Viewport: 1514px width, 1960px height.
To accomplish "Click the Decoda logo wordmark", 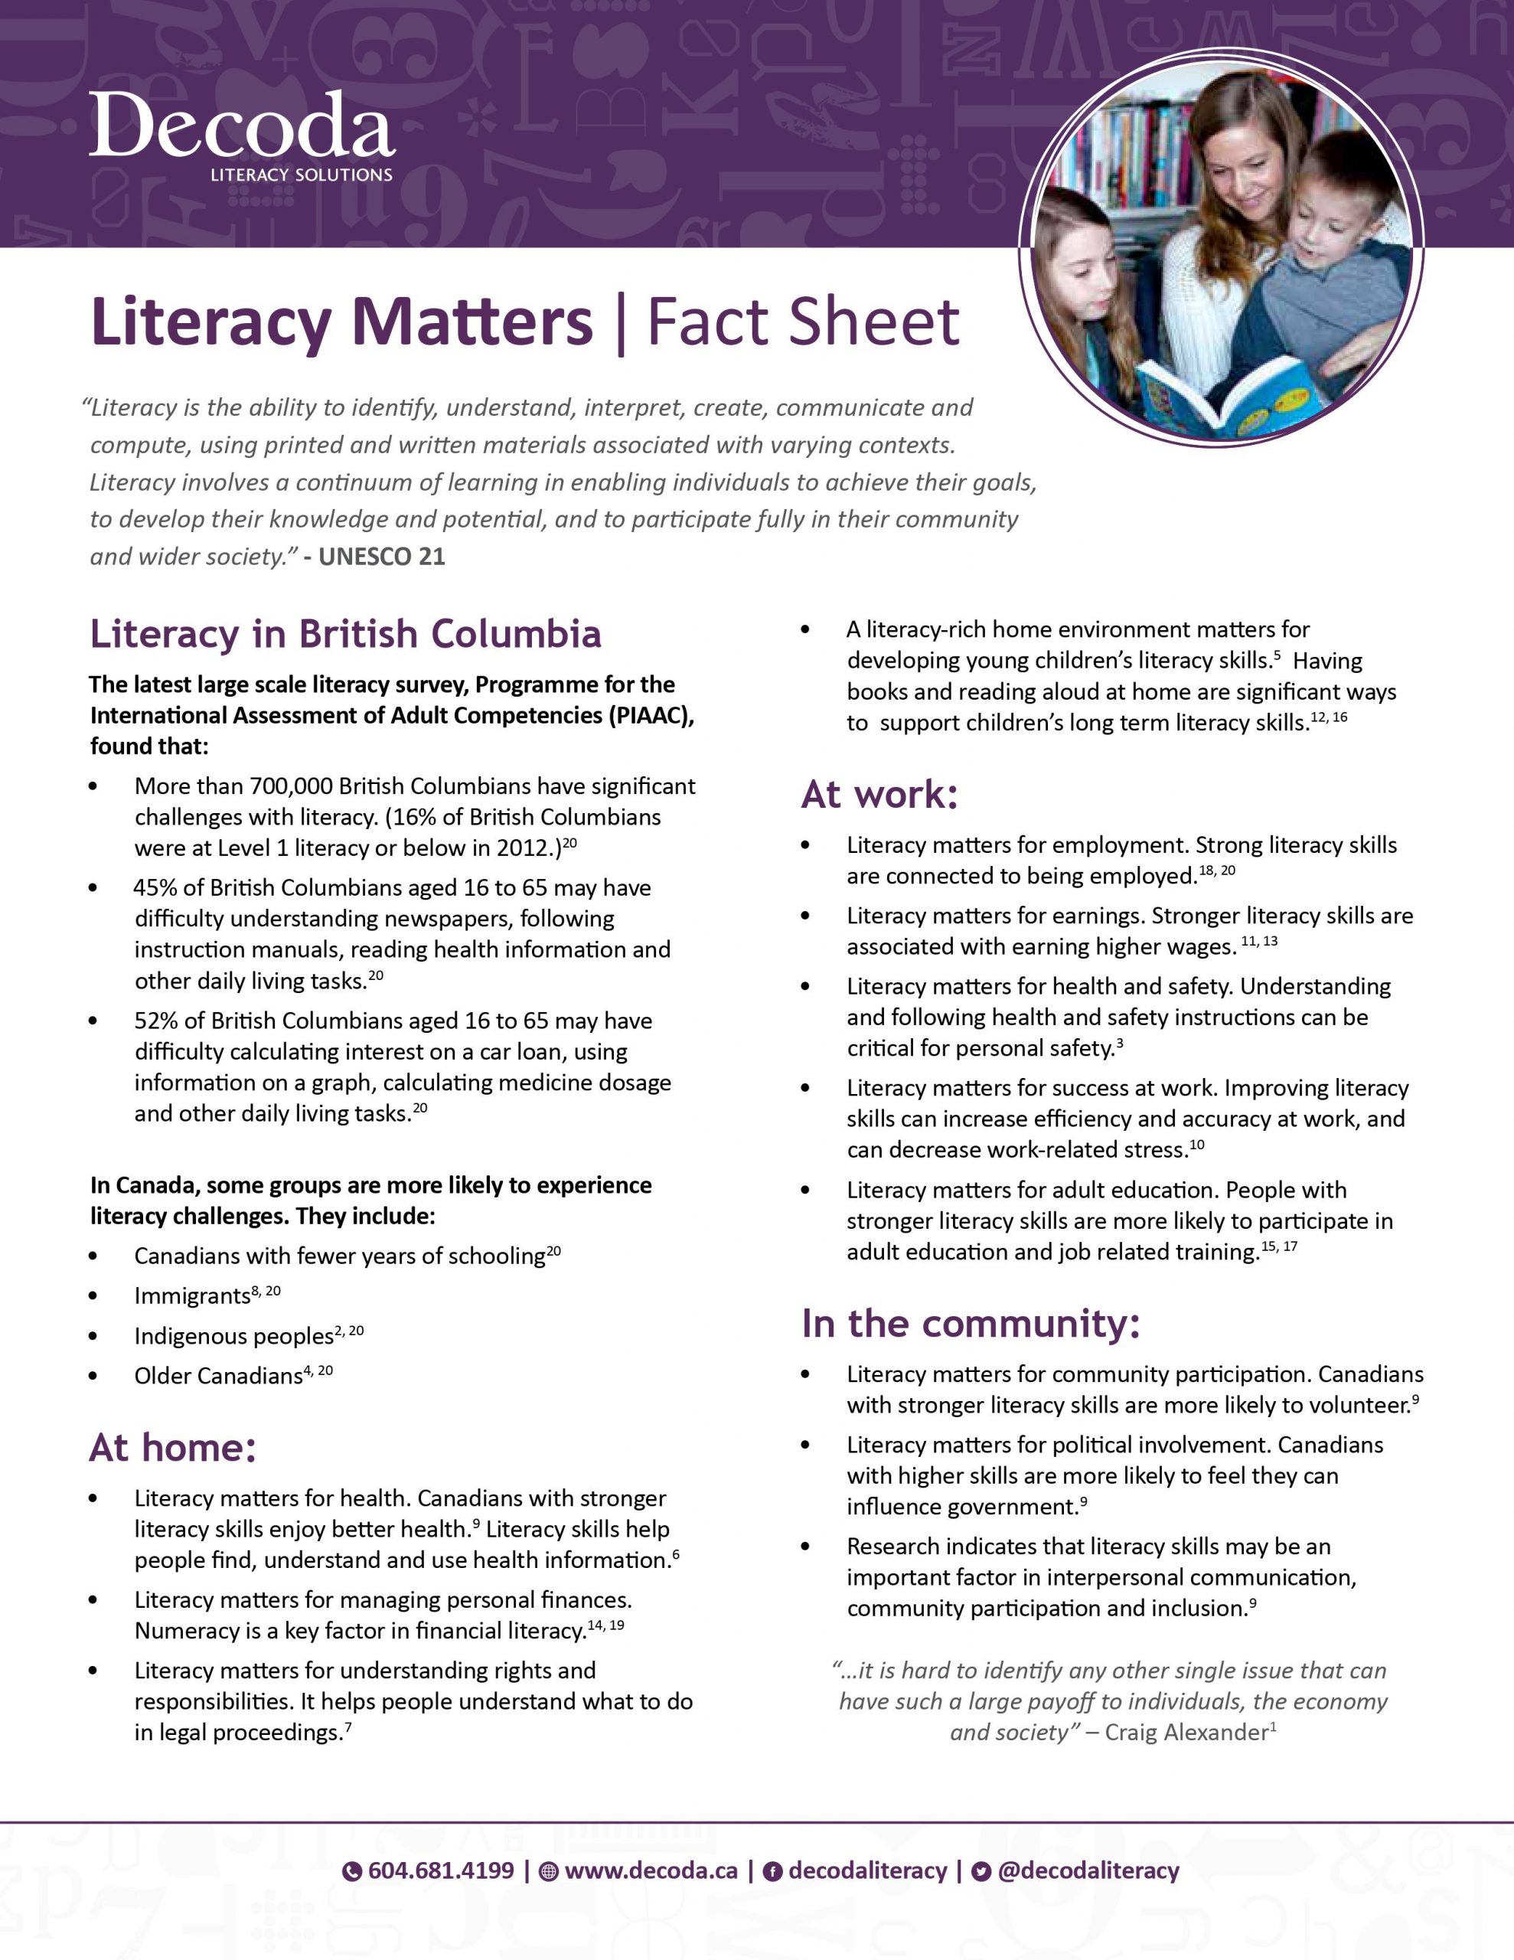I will tap(241, 126).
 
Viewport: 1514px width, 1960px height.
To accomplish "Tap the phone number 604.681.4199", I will tap(441, 1870).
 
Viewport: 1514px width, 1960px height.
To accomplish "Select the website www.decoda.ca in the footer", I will tap(650, 1870).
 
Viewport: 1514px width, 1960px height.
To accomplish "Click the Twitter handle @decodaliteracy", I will tap(1088, 1870).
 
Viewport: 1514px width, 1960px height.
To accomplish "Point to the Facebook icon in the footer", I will tap(771, 1871).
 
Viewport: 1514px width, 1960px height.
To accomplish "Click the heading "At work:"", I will tap(879, 794).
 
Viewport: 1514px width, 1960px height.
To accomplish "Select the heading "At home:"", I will tap(172, 1448).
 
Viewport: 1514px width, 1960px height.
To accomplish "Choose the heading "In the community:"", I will tap(970, 1324).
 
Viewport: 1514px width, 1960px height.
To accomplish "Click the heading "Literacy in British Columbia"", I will tap(345, 634).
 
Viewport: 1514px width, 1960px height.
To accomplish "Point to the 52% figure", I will tap(155, 1021).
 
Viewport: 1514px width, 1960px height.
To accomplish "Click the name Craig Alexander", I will tap(1186, 1732).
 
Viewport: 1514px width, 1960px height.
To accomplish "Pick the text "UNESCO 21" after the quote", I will tap(381, 557).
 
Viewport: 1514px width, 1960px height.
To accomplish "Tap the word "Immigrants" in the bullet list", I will tap(192, 1296).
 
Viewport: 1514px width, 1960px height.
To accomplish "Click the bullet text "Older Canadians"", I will tap(218, 1376).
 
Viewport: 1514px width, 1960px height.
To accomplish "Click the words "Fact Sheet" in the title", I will tap(803, 322).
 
